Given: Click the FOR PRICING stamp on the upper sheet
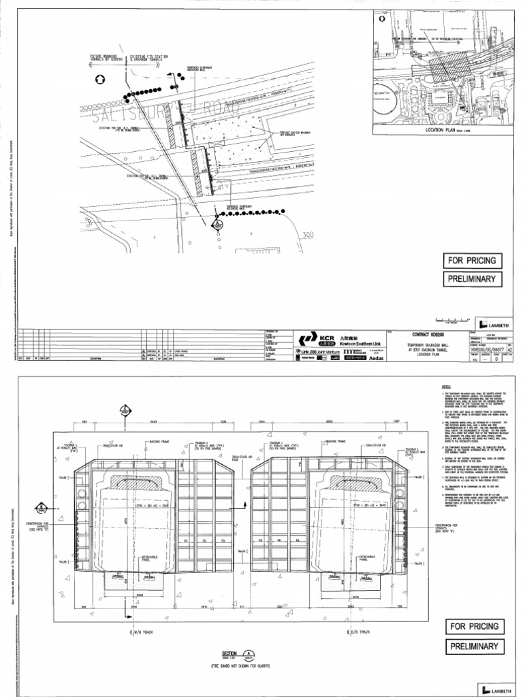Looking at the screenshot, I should tap(473, 261).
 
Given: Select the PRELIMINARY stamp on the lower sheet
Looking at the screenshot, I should tap(473, 647).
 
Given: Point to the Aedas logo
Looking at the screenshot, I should tap(368, 356).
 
